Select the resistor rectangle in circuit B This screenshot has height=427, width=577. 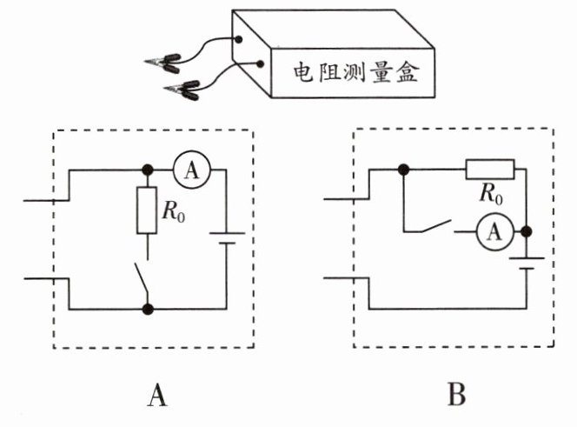point(490,169)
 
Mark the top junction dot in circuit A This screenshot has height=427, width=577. point(148,171)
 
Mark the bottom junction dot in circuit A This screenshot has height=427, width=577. point(148,308)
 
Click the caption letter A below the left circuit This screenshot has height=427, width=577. point(156,396)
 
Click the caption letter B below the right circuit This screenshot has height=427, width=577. point(456,396)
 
